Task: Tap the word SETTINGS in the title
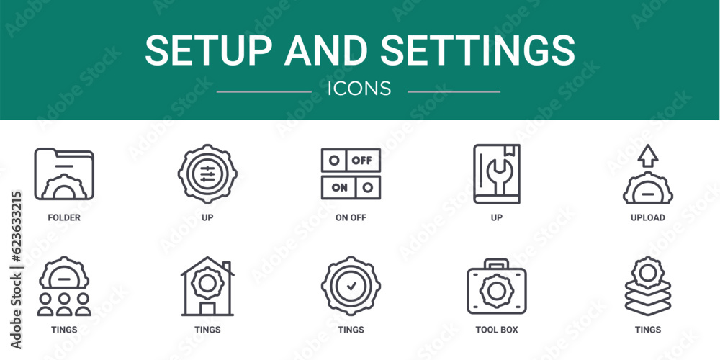(480, 50)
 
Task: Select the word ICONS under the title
(359, 89)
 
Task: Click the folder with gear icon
(64, 174)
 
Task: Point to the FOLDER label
(64, 217)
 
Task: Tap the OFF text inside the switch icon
(362, 161)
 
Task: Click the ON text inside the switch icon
(339, 187)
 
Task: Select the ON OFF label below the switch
(351, 217)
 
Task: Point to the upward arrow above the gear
(648, 155)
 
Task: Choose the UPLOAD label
(648, 217)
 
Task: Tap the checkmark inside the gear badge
(351, 286)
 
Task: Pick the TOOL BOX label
(497, 330)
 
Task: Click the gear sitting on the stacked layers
(648, 272)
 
